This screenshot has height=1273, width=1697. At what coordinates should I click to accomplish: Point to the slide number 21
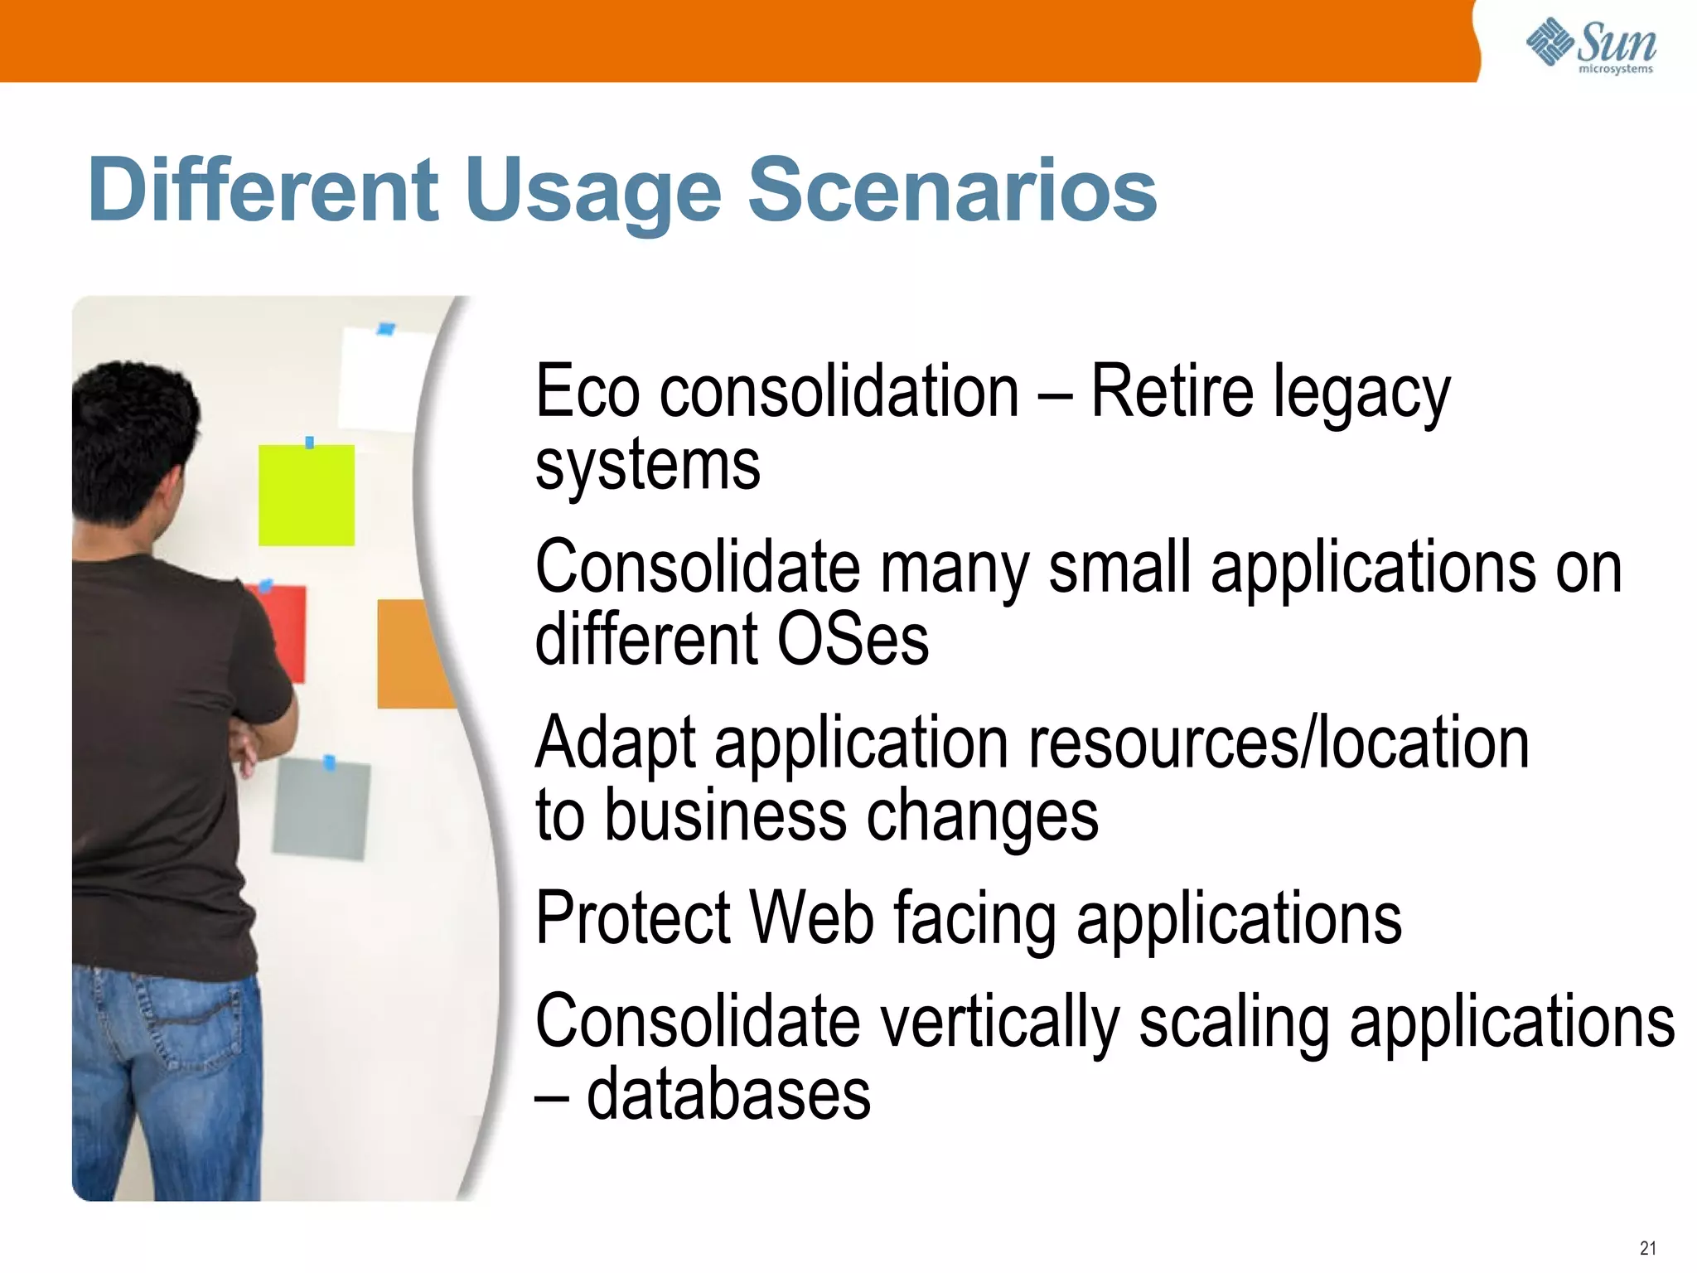coord(1647,1248)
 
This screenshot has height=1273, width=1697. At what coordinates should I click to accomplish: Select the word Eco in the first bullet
coord(587,390)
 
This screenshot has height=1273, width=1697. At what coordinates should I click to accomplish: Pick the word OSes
coord(853,639)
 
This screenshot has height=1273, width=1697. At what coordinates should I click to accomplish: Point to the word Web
coord(811,917)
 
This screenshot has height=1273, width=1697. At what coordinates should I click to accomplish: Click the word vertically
coord(999,1022)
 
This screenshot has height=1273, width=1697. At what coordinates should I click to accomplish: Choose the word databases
coord(728,1094)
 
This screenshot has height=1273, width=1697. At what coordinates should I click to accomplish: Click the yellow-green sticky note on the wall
coord(306,495)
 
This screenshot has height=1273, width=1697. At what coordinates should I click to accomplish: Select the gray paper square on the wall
coord(322,809)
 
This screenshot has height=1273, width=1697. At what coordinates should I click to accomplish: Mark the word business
coord(726,816)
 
